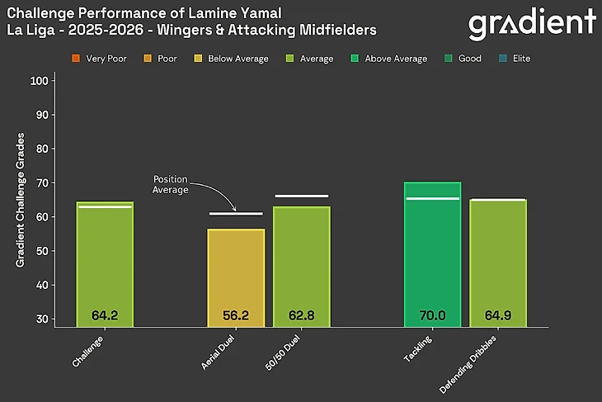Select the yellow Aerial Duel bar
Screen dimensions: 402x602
pos(236,277)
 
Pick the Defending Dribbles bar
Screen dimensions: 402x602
pos(497,262)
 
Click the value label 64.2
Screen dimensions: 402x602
pos(105,315)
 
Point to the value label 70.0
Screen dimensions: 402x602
pos(432,315)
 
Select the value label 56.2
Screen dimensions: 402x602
pos(236,315)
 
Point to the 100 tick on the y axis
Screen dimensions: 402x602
pos(39,81)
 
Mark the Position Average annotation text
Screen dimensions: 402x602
pos(172,184)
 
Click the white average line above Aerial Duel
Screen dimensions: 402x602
pos(236,214)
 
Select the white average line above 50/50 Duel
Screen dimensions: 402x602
pos(301,196)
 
